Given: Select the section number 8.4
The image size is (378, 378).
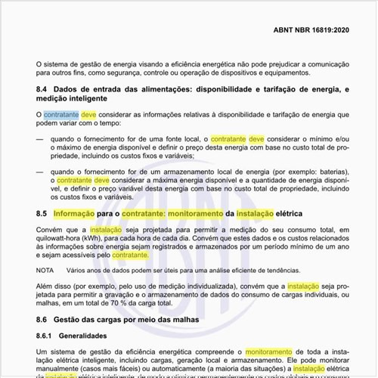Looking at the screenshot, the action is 43,90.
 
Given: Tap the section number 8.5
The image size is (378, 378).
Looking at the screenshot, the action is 43,214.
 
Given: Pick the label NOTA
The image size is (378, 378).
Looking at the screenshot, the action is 45,269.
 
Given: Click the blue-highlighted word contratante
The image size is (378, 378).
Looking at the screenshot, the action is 60,115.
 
